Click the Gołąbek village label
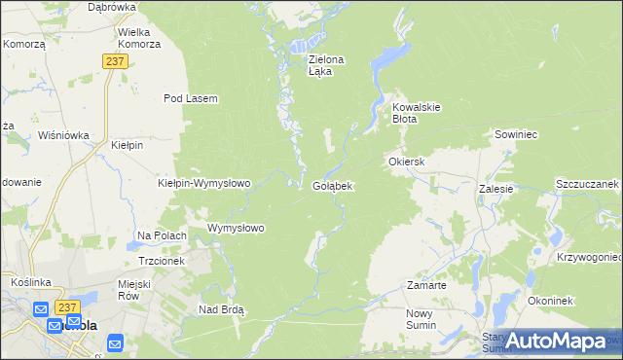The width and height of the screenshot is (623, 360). coord(332,185)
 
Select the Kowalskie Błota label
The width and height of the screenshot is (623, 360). coord(418,112)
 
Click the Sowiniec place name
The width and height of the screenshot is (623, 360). coord(517,134)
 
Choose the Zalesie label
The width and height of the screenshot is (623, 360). coord(495,189)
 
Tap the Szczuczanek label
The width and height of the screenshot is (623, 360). coord(587,183)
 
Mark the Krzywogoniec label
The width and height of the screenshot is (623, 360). coord(589,257)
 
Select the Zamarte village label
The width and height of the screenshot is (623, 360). coord(426,285)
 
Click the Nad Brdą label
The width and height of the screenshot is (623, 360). coord(221,309)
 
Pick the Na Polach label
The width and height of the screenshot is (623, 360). coord(162,235)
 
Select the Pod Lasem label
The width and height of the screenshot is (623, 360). coord(190,98)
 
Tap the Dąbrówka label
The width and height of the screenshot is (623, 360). coord(111,7)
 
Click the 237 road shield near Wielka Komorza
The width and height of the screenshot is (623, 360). coord(115,61)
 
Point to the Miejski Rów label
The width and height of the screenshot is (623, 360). coord(136,289)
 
